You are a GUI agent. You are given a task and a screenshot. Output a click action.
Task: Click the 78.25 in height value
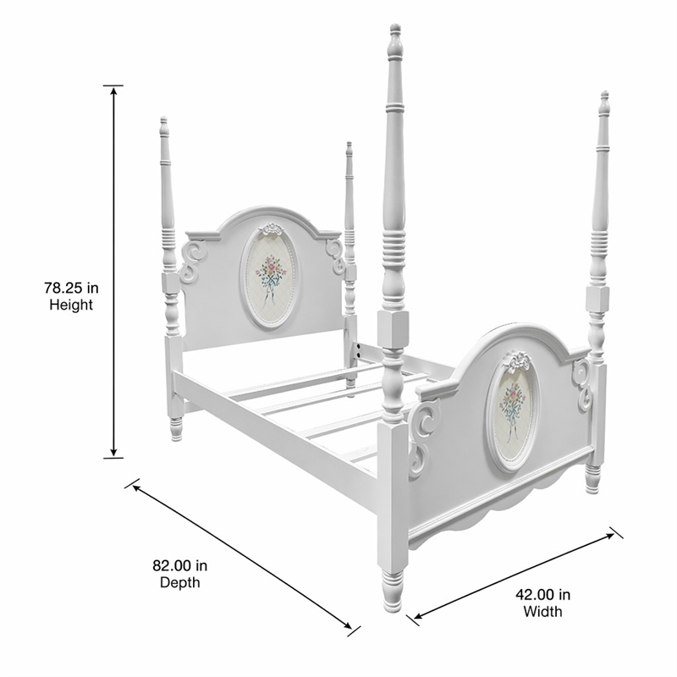tap(71, 287)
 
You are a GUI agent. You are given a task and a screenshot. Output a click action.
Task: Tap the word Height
tap(71, 305)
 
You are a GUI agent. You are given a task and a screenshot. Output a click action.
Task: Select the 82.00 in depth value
tap(179, 565)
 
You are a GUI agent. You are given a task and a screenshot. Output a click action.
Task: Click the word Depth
tap(179, 582)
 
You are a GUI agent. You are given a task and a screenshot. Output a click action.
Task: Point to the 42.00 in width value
tap(542, 595)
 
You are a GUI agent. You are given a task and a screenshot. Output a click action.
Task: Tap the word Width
tap(542, 611)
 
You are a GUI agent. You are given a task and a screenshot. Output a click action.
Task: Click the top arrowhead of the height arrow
tap(113, 91)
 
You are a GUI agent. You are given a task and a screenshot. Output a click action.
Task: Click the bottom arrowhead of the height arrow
tap(113, 451)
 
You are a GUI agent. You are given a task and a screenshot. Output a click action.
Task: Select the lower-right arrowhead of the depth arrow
tap(346, 624)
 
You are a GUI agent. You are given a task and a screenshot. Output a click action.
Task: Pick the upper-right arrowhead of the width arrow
tap(608, 537)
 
